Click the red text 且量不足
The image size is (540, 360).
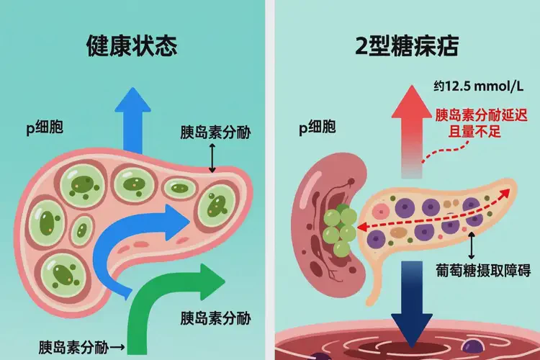point(459,132)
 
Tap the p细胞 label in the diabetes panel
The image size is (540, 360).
point(318,129)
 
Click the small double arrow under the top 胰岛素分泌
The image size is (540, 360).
point(212,156)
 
